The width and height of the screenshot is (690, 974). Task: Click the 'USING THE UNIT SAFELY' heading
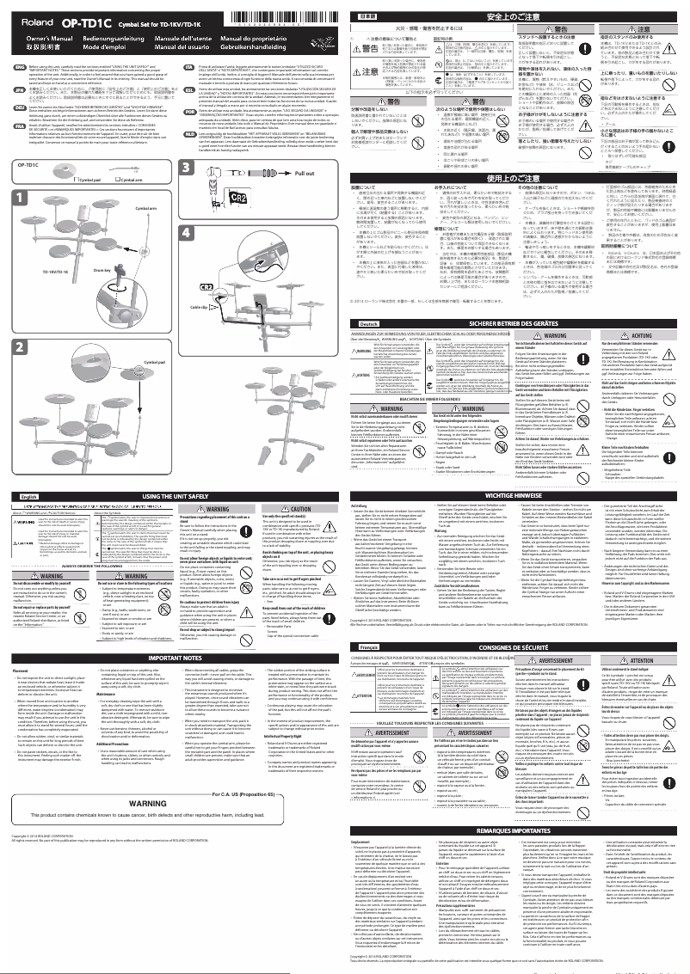172,520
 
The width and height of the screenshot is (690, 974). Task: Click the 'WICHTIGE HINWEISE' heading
516,520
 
